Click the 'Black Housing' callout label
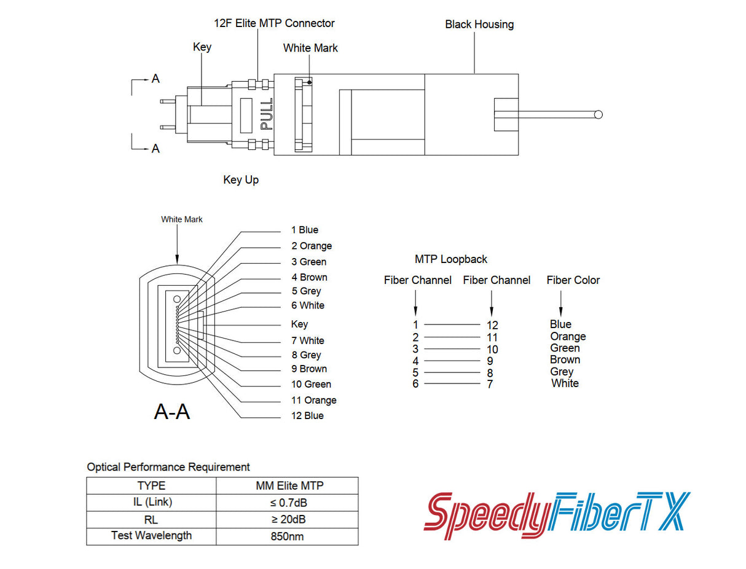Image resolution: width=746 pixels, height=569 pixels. (x=479, y=25)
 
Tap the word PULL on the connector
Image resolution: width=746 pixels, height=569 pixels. (x=267, y=114)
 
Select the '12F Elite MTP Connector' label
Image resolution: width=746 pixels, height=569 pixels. (x=274, y=23)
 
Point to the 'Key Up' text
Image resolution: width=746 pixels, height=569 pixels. (x=241, y=180)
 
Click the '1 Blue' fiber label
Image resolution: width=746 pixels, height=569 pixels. (x=305, y=230)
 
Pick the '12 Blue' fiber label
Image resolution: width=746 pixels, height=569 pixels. (x=307, y=416)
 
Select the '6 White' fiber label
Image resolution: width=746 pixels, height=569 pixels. (x=308, y=305)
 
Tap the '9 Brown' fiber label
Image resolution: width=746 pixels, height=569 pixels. (x=309, y=369)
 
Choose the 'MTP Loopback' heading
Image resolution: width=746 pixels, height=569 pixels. (x=451, y=259)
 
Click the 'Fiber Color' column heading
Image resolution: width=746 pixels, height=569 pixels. (x=573, y=280)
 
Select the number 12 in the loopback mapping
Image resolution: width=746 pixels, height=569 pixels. (x=492, y=325)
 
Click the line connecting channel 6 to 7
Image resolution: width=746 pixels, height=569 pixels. (x=452, y=384)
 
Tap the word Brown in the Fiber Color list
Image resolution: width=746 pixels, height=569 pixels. (x=565, y=360)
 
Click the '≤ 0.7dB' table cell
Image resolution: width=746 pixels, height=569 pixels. (x=288, y=503)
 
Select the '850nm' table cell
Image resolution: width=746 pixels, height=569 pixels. (x=288, y=536)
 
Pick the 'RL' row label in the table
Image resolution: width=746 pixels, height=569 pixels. (x=151, y=520)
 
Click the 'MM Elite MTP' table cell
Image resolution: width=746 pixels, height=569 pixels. (x=288, y=486)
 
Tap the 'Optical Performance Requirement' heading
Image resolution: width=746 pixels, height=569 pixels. (x=168, y=467)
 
